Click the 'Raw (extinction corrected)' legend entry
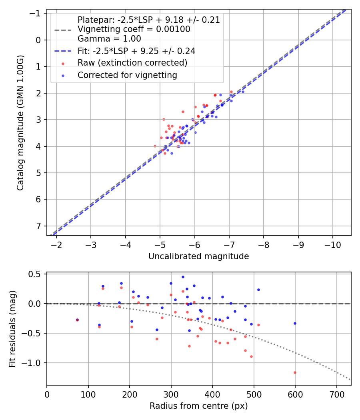coord(132,63)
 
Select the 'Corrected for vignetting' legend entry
coord(127,75)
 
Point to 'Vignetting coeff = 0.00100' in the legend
coord(134,29)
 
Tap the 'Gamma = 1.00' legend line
coord(109,39)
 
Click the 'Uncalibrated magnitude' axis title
coord(198,256)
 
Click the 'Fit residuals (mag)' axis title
coord(12,329)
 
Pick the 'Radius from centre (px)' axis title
coord(198,406)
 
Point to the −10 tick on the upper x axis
coord(332,244)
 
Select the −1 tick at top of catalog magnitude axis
coord(36,14)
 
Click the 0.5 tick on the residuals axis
coord(36,274)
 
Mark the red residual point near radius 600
coord(295,372)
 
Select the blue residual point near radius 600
coord(295,323)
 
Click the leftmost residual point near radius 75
coord(77,320)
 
